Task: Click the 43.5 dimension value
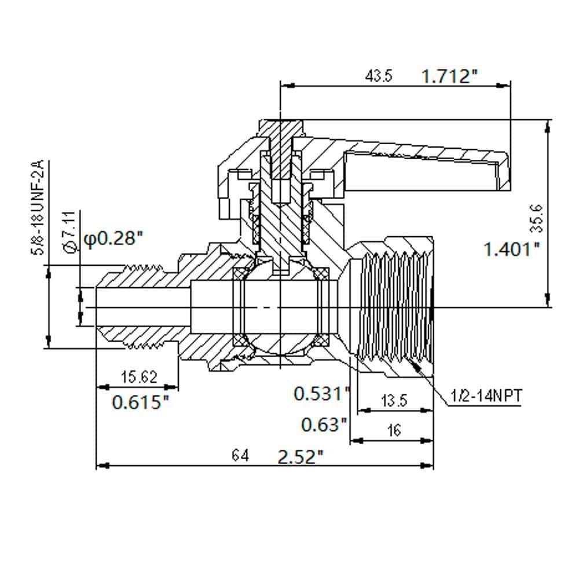pyautogui.click(x=379, y=76)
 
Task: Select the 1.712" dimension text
pyautogui.click(x=449, y=76)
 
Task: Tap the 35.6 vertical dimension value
pyautogui.click(x=538, y=218)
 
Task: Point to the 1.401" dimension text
pyautogui.click(x=512, y=249)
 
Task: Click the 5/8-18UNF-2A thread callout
pyautogui.click(x=38, y=207)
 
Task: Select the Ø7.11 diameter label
pyautogui.click(x=70, y=232)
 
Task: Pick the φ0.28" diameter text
pyautogui.click(x=113, y=239)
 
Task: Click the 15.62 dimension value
pyautogui.click(x=139, y=377)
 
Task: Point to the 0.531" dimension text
pyautogui.click(x=321, y=393)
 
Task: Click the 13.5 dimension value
pyautogui.click(x=394, y=400)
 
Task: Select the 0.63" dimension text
pyautogui.click(x=325, y=424)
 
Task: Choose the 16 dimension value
pyautogui.click(x=394, y=430)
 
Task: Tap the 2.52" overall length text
pyautogui.click(x=300, y=457)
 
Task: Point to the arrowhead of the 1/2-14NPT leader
pyautogui.click(x=415, y=365)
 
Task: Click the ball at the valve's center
pyautogui.click(x=281, y=307)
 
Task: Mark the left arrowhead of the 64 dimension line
pyautogui.click(x=102, y=466)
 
